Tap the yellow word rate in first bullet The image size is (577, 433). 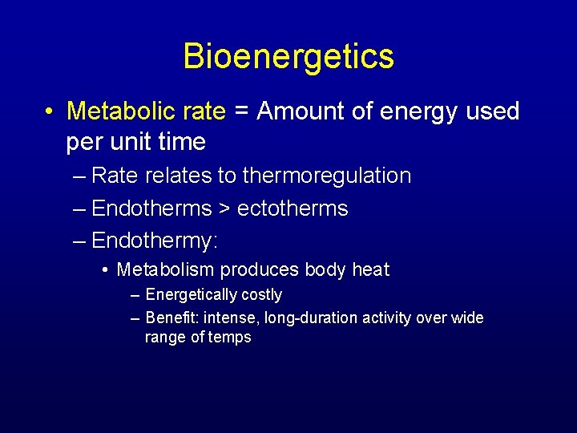tap(203, 111)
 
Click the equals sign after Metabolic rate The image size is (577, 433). tap(242, 111)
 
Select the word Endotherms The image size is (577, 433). tap(151, 208)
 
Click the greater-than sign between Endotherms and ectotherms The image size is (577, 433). tap(224, 209)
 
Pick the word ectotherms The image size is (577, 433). tap(293, 208)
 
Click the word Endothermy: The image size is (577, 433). tap(155, 241)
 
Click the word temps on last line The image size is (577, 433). tap(231, 338)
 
